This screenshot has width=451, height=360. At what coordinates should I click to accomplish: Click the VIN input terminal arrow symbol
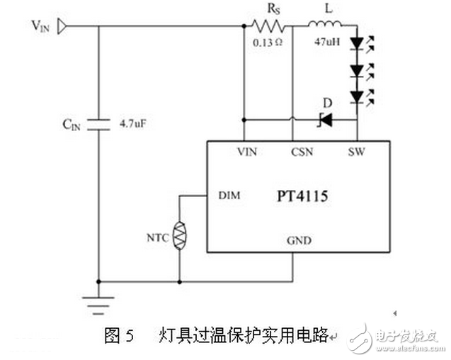coord(62,26)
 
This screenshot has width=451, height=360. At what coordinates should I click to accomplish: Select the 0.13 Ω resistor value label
coord(267,43)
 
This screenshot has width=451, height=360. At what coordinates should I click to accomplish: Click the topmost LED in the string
coord(357,44)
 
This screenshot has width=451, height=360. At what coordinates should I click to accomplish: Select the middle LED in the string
coord(357,70)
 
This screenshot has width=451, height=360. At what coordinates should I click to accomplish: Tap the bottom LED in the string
coord(357,96)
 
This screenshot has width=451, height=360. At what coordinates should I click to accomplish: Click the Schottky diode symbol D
coord(326,120)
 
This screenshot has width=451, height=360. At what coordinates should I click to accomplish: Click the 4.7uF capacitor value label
coord(132,123)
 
